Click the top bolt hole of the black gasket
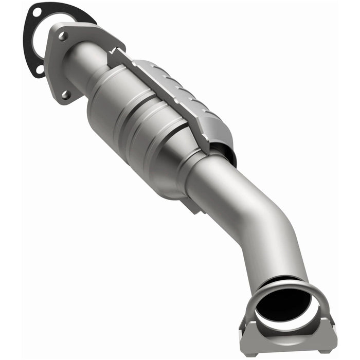coord(36,9)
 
